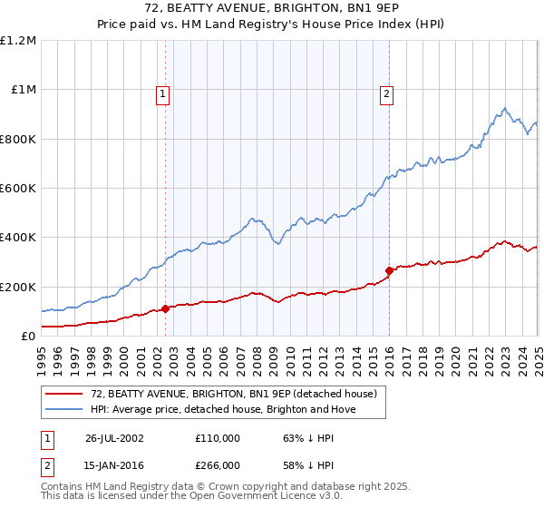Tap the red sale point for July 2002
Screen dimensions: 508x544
click(x=166, y=308)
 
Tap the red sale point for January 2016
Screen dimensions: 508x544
click(x=389, y=270)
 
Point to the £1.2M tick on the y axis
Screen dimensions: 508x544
click(x=18, y=41)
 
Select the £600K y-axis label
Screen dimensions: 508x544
click(x=18, y=189)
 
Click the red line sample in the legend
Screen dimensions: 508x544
click(x=64, y=393)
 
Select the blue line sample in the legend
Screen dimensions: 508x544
click(x=64, y=409)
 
